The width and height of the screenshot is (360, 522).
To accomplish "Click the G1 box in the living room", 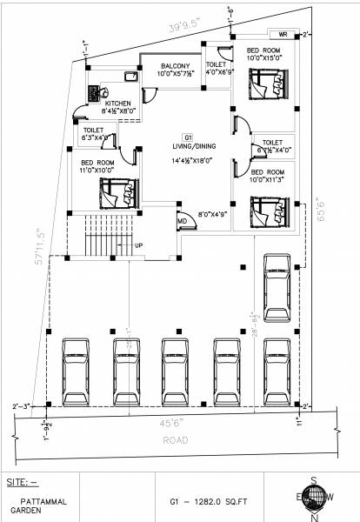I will [x=187, y=137].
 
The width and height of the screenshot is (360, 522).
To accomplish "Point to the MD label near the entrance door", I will [x=183, y=222].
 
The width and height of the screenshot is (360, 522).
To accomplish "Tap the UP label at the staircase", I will [x=138, y=245].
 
